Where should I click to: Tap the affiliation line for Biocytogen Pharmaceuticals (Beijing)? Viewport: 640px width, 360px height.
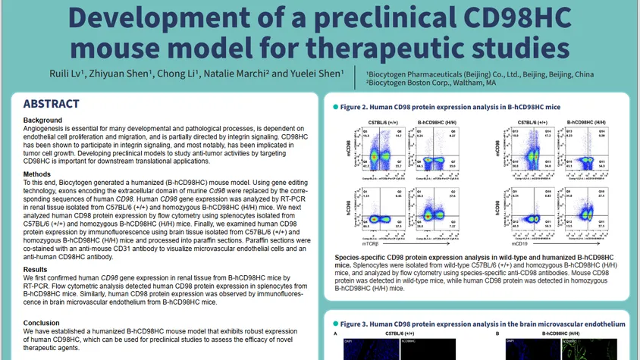tap(479, 74)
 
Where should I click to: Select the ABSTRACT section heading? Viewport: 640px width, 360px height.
tap(51, 105)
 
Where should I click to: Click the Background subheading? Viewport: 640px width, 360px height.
tap(43, 121)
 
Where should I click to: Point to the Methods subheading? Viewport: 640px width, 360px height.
tap(38, 174)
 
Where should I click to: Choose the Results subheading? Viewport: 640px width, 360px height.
tap(36, 269)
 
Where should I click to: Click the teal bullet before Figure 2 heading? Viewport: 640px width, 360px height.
tap(335, 108)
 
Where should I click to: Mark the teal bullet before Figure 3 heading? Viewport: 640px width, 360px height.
tap(335, 324)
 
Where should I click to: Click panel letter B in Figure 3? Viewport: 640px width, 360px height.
tap(497, 333)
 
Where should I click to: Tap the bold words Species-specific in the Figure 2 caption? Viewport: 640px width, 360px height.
tap(361, 258)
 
